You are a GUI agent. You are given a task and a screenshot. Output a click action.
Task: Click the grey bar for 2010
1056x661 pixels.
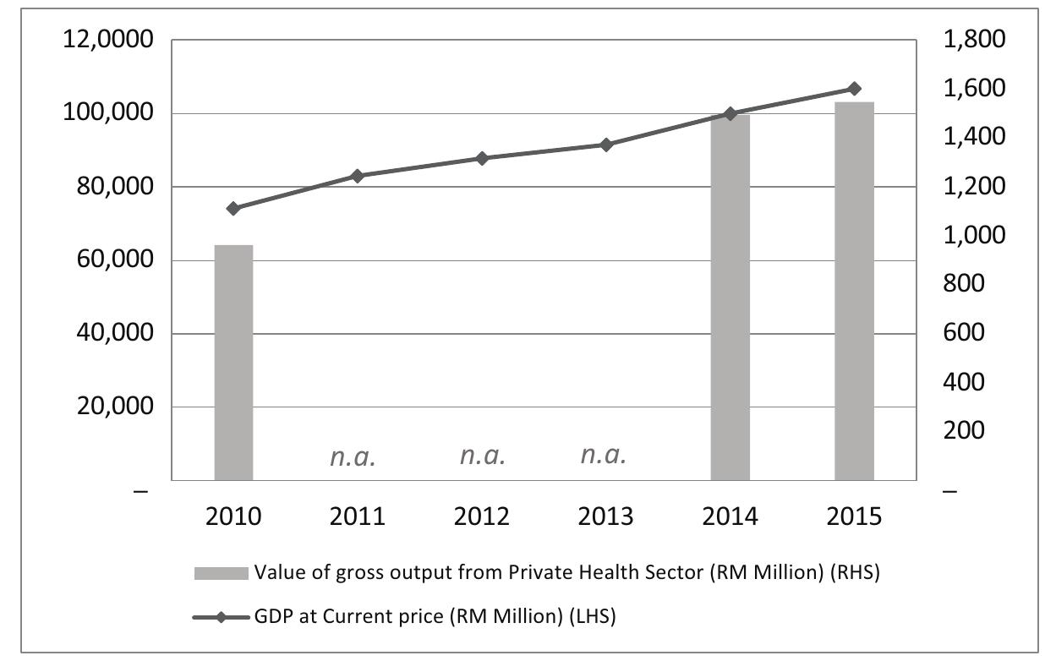pyautogui.click(x=233, y=362)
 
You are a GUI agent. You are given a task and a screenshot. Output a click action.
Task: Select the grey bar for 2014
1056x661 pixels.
pyautogui.click(x=730, y=297)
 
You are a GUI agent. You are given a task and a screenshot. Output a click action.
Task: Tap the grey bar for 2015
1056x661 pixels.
pyautogui.click(x=854, y=291)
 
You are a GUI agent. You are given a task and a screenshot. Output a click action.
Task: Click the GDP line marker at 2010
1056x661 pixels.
pyautogui.click(x=233, y=209)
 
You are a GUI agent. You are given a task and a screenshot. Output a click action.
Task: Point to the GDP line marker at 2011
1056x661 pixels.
pyautogui.click(x=357, y=176)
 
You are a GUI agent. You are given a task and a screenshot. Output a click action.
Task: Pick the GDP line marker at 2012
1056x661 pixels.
pyautogui.click(x=482, y=158)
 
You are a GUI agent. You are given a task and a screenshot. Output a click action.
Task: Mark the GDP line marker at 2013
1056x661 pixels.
pyautogui.click(x=605, y=145)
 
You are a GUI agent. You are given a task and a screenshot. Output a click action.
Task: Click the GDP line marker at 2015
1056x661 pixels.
pyautogui.click(x=854, y=89)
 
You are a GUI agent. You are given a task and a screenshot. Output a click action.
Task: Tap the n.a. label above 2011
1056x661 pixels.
pyautogui.click(x=352, y=458)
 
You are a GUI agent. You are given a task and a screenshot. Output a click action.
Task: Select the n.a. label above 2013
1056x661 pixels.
pyautogui.click(x=604, y=456)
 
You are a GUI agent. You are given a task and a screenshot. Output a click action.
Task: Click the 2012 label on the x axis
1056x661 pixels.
pyautogui.click(x=482, y=516)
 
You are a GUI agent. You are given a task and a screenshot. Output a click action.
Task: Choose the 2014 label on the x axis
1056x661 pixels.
pyautogui.click(x=730, y=516)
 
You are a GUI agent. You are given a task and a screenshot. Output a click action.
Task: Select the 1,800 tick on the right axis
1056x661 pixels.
pyautogui.click(x=973, y=41)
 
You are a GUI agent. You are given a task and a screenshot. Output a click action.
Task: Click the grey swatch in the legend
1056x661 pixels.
pyautogui.click(x=221, y=573)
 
